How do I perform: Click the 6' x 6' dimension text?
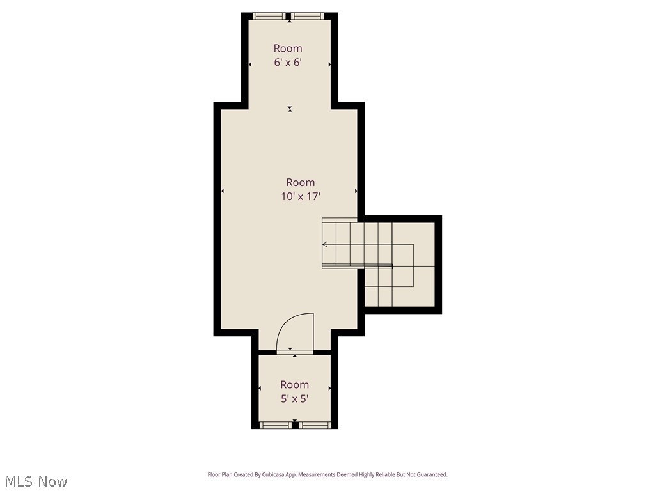[288, 63]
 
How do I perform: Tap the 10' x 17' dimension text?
[300, 197]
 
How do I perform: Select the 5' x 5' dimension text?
[294, 399]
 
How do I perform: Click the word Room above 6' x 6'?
[288, 49]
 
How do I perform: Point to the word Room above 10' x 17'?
[300, 183]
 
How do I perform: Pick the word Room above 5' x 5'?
[294, 385]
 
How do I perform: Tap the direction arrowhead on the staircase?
[325, 244]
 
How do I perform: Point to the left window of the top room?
[269, 16]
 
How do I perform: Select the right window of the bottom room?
[315, 425]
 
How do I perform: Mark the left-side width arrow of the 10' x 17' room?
[223, 191]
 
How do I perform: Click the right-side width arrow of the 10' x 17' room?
[356, 191]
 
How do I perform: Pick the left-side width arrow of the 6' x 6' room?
[250, 64]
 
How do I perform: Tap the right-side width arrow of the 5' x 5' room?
[329, 389]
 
